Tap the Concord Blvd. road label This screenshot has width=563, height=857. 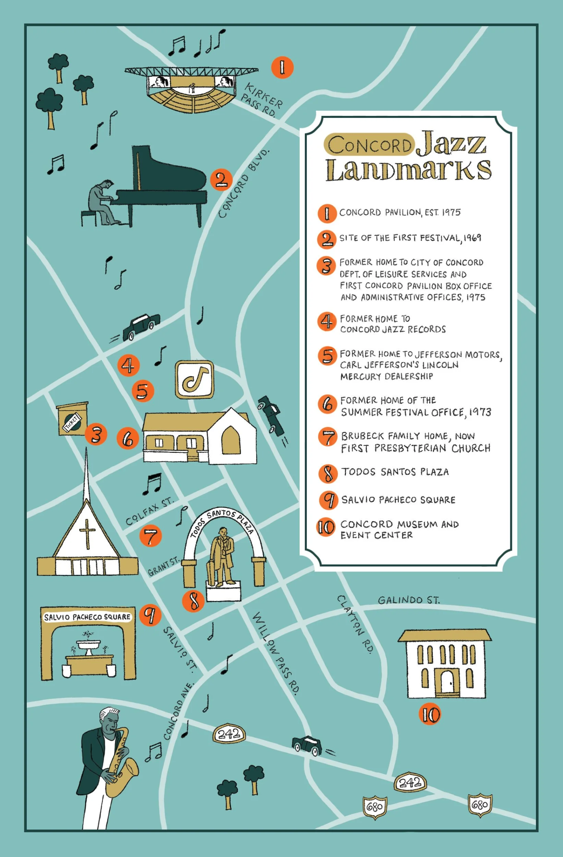click(x=243, y=184)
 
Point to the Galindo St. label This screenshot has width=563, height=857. click(x=408, y=600)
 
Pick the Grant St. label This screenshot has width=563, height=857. click(x=163, y=566)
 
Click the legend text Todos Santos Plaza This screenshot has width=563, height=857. click(x=395, y=472)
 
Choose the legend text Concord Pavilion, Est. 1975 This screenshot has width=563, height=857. click(x=399, y=213)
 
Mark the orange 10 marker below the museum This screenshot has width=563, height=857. click(x=430, y=714)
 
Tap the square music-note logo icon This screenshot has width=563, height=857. click(x=194, y=380)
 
